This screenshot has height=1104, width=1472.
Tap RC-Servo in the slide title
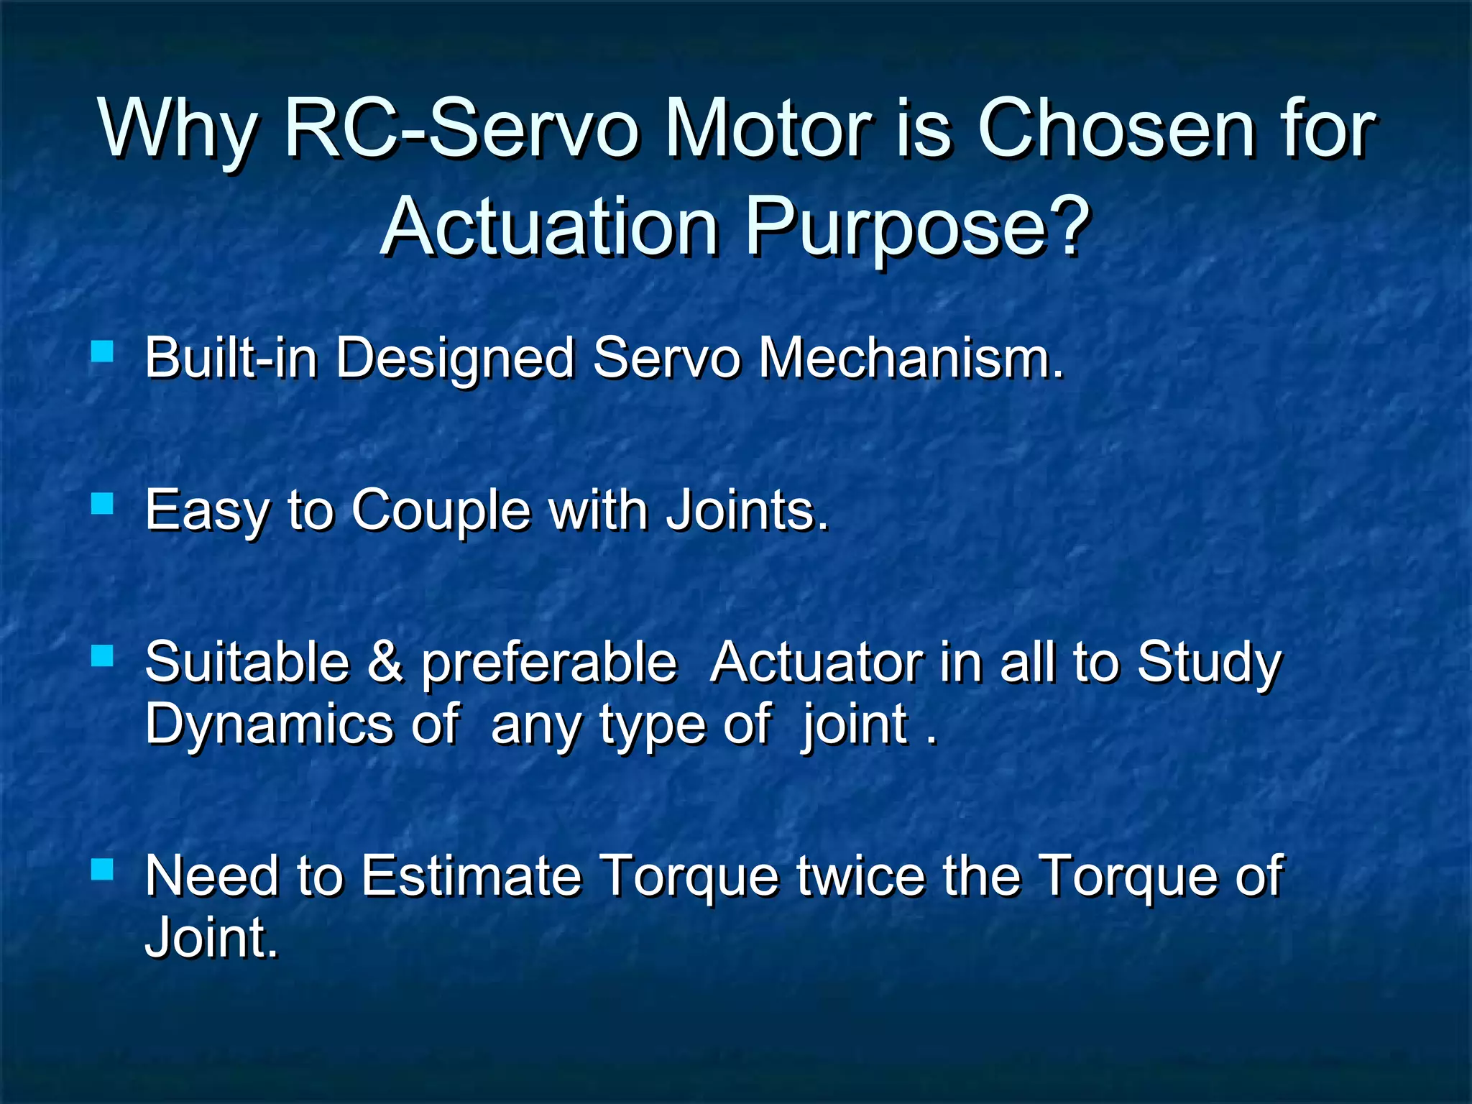(461, 129)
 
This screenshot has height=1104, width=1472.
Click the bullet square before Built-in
(103, 351)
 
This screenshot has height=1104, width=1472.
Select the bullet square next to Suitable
(103, 655)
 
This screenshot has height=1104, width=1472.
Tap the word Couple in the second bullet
(440, 510)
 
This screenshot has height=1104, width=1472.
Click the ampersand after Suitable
(385, 662)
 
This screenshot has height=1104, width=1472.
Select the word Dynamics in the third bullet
(267, 724)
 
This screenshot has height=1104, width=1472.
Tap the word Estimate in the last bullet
(471, 876)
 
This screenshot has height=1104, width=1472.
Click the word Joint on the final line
(210, 938)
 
